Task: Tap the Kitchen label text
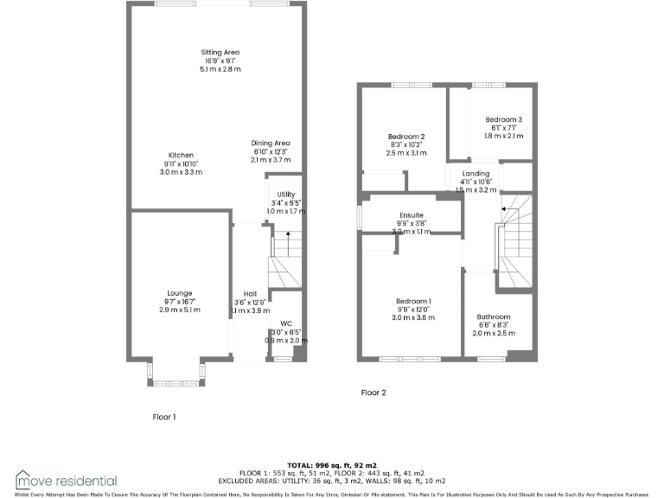point(181,156)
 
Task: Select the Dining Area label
point(271,143)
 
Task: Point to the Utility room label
point(286,195)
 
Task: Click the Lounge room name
point(180,293)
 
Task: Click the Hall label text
point(250,293)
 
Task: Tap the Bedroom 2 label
point(405,137)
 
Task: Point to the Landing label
point(475,174)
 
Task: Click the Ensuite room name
point(411,215)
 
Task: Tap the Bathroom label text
point(493,316)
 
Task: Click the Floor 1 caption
point(164,417)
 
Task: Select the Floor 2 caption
point(373,393)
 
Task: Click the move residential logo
point(66,480)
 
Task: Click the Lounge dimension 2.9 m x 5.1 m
point(180,310)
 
